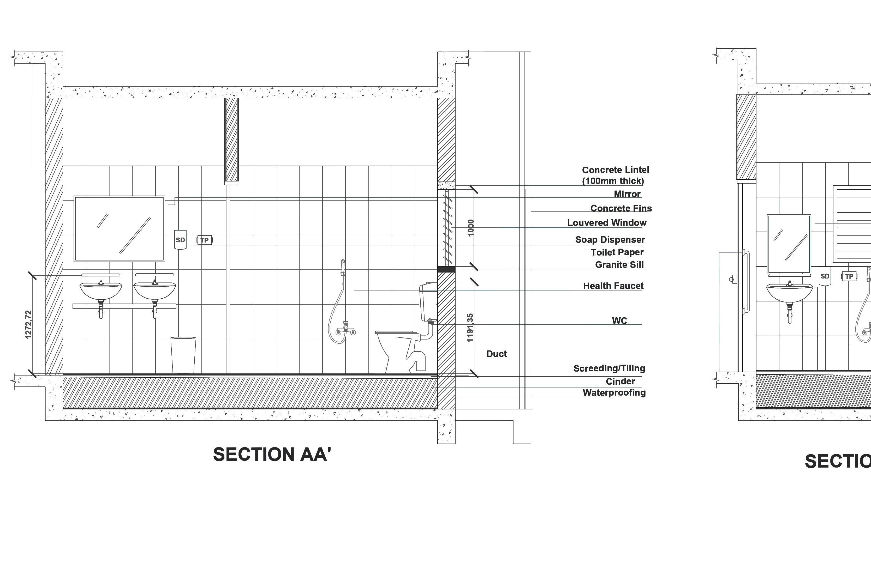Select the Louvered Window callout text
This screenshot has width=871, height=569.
pyautogui.click(x=606, y=223)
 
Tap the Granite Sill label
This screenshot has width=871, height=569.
pyautogui.click(x=619, y=265)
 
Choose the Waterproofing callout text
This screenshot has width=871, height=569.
pyautogui.click(x=614, y=393)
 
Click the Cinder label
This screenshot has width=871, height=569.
pyautogui.click(x=620, y=382)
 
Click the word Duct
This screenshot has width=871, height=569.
pyautogui.click(x=496, y=354)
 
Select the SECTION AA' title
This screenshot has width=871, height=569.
pyautogui.click(x=272, y=454)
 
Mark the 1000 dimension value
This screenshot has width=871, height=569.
pyautogui.click(x=471, y=228)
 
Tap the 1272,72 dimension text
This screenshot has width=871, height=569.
pyautogui.click(x=28, y=325)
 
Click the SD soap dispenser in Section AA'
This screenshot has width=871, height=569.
pyautogui.click(x=180, y=240)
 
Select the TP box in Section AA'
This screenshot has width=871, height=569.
pyautogui.click(x=205, y=240)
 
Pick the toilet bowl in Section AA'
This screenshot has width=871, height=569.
pyautogui.click(x=397, y=351)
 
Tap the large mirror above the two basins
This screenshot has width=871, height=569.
pyautogui.click(x=119, y=228)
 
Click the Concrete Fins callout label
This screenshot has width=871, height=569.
pyautogui.click(x=621, y=208)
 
